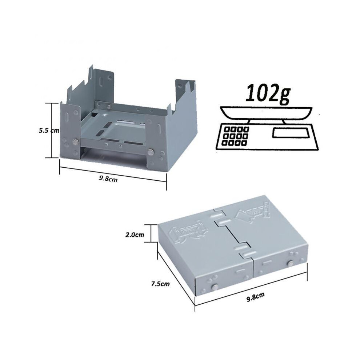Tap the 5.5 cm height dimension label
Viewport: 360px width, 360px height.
coord(49,131)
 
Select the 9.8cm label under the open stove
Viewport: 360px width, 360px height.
coord(108,179)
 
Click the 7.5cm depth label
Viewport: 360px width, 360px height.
coord(160,284)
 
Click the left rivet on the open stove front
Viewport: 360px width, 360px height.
coord(75,142)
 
